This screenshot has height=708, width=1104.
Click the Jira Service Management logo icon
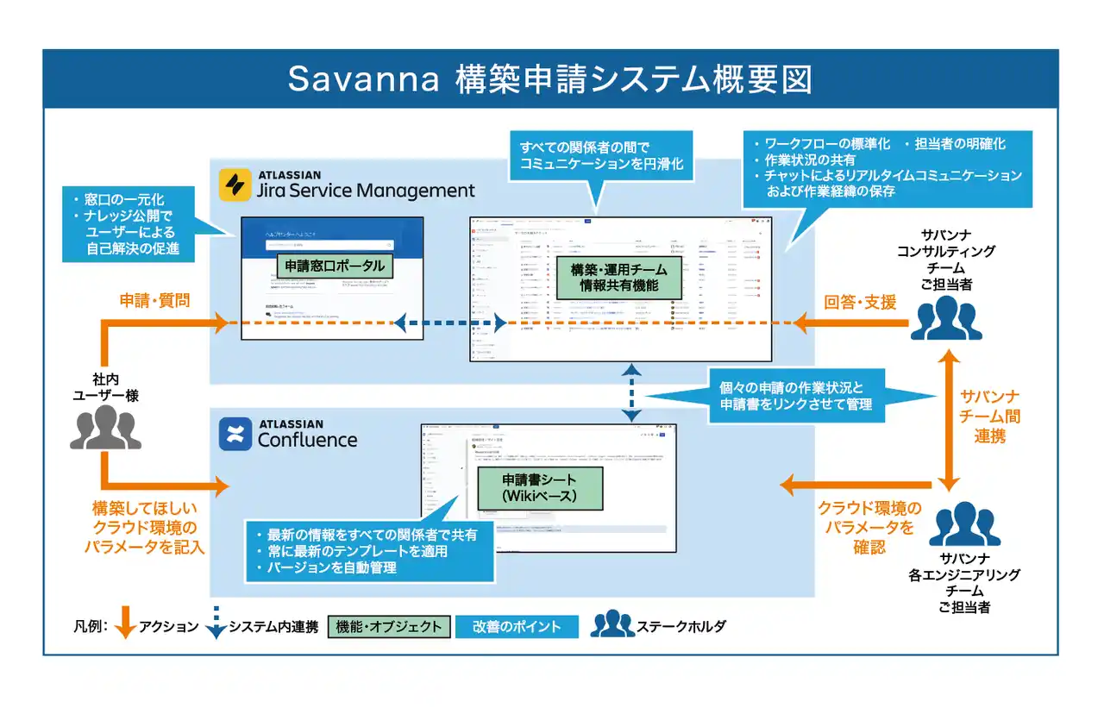click(234, 185)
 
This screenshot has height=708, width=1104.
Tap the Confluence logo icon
click(234, 435)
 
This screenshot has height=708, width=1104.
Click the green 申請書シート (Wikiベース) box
click(539, 488)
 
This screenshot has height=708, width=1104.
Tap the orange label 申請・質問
click(154, 301)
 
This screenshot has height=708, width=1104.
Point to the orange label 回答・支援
click(860, 302)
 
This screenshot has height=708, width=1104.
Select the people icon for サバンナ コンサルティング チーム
click(945, 318)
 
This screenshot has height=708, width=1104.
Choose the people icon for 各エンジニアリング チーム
click(964, 527)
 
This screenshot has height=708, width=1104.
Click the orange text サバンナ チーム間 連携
click(989, 417)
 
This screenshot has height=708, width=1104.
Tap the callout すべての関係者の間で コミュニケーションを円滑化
click(601, 155)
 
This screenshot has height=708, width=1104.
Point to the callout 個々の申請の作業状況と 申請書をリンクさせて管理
click(792, 395)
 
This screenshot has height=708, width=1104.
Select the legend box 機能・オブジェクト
click(390, 627)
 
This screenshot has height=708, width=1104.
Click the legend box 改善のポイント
click(517, 627)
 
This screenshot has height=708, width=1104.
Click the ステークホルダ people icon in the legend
click(612, 623)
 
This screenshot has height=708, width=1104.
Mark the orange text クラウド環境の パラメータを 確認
click(869, 527)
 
